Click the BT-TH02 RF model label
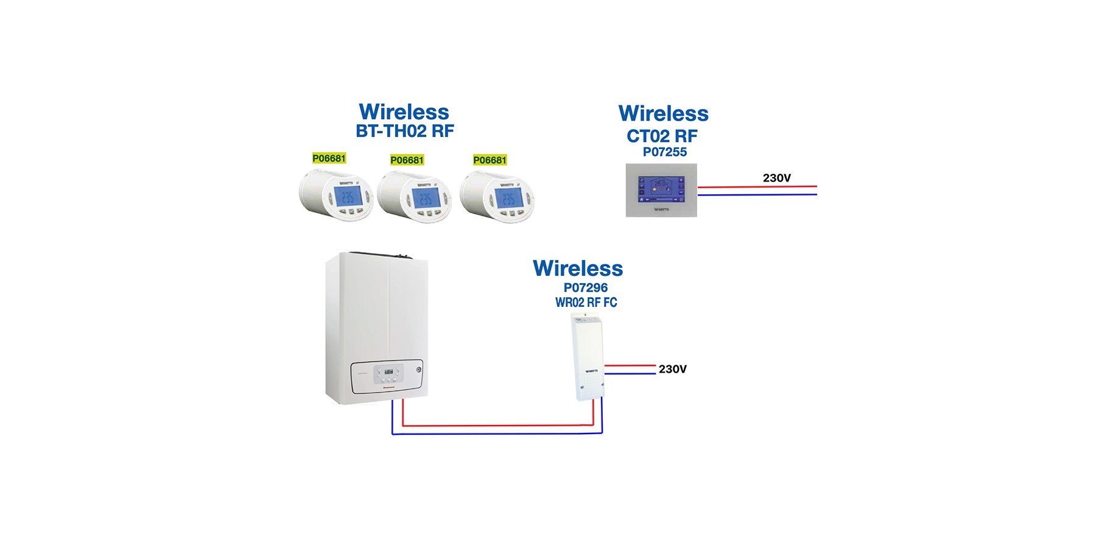[x=405, y=131]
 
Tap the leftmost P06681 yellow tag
[x=329, y=158]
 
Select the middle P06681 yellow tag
[x=407, y=160]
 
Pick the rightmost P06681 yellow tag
[x=490, y=160]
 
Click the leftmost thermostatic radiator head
[x=336, y=195]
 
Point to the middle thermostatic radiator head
[x=415, y=197]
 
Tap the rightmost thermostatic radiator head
[x=497, y=197]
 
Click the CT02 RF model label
[x=662, y=136]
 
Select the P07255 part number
[x=664, y=152]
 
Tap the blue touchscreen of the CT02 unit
[x=661, y=189]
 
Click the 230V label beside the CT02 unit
[x=776, y=178]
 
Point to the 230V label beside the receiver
[x=672, y=369]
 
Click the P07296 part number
[x=585, y=287]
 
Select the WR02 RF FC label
[x=586, y=302]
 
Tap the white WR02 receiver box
[x=588, y=356]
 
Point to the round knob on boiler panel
[x=419, y=370]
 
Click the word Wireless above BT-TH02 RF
[x=404, y=112]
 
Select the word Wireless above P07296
[x=578, y=269]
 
